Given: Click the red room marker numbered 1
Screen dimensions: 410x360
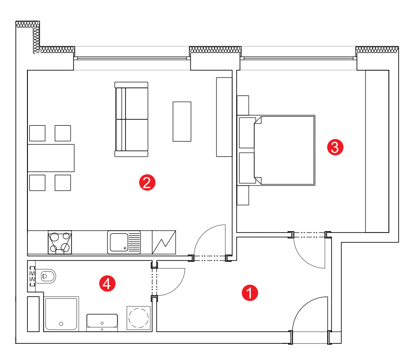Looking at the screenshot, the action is (250, 293).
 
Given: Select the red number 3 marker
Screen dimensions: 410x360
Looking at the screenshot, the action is (335, 147).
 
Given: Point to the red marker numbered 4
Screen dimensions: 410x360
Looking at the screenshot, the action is (107, 283).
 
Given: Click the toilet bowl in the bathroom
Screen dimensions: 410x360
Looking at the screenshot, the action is (46, 276).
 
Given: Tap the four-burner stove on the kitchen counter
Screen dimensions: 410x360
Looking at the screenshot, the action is (60, 242).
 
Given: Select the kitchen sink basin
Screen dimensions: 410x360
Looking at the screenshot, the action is (119, 242).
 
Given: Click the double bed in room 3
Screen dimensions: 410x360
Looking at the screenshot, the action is (276, 150).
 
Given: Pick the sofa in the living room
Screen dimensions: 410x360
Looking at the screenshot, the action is (131, 119).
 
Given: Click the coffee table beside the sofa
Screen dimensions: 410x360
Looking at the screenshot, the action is (182, 122).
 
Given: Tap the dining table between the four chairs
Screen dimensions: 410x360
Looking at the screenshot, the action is (51, 158).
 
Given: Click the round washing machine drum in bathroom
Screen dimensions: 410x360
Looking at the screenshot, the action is (139, 318).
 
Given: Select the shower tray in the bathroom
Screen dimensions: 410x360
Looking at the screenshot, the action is (61, 314).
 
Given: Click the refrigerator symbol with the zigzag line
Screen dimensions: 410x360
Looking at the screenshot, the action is (164, 242).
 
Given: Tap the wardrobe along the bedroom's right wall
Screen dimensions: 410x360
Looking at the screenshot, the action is (377, 151).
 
